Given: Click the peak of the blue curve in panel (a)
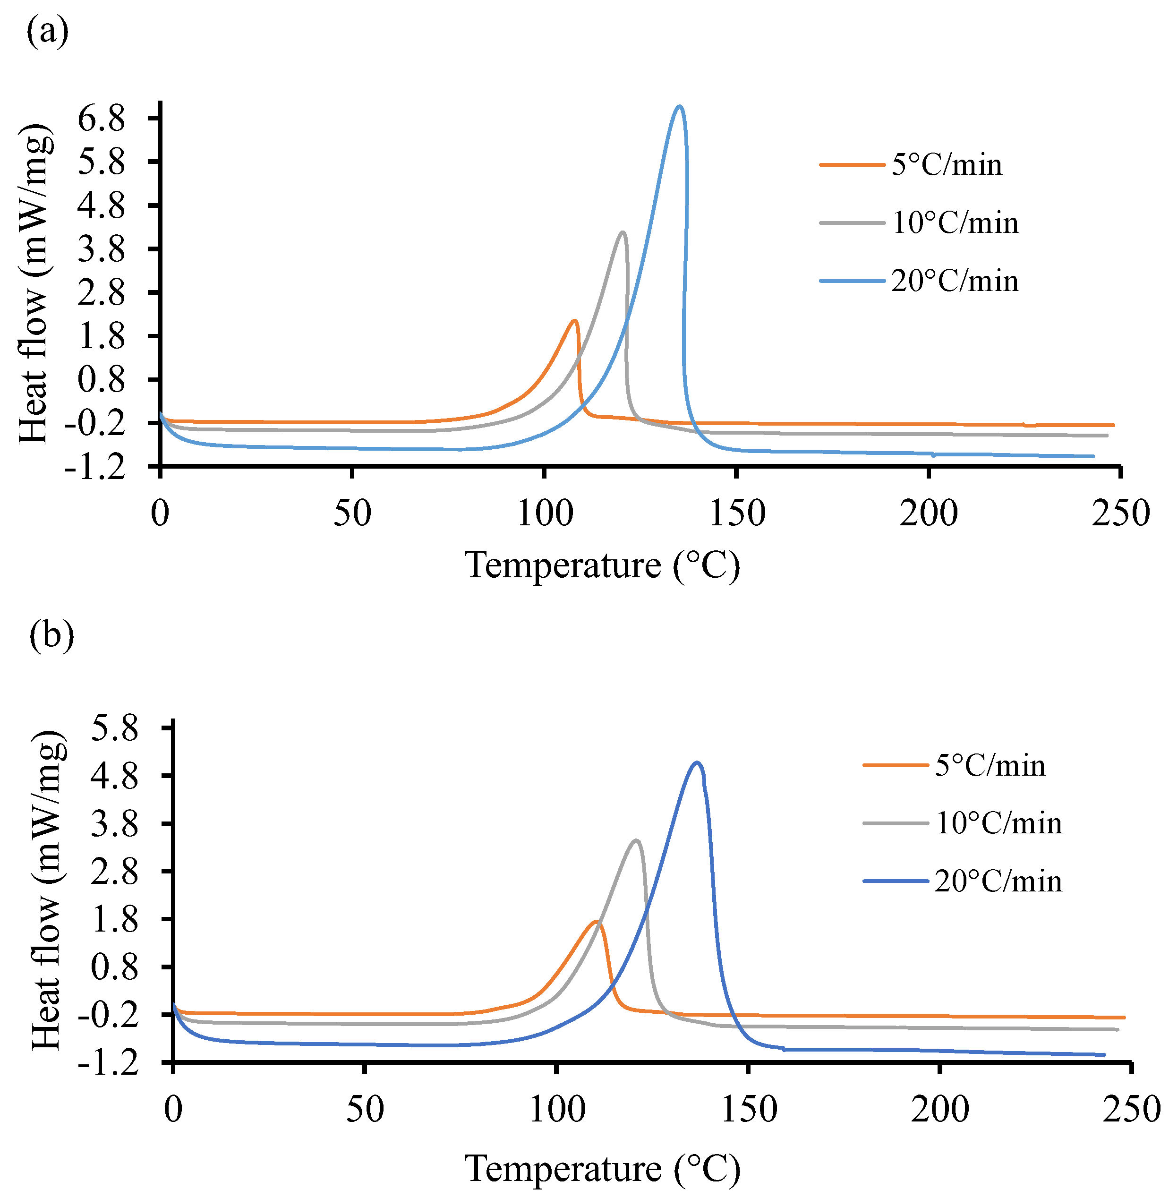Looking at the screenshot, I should click(x=678, y=107).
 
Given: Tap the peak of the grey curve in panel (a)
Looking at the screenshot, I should click(x=623, y=233).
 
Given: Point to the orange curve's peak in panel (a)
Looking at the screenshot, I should click(x=575, y=321).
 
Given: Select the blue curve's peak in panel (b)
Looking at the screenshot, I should click(x=696, y=763).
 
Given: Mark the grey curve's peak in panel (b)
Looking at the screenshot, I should click(x=636, y=840).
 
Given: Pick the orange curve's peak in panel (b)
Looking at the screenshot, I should click(x=596, y=922).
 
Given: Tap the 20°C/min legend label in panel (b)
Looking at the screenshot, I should click(x=998, y=881).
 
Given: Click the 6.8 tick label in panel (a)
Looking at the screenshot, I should click(x=101, y=118).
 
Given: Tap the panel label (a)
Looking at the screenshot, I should click(x=47, y=31).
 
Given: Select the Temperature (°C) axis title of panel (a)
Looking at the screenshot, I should click(x=602, y=565).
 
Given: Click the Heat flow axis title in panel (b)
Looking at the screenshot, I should click(x=48, y=890).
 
